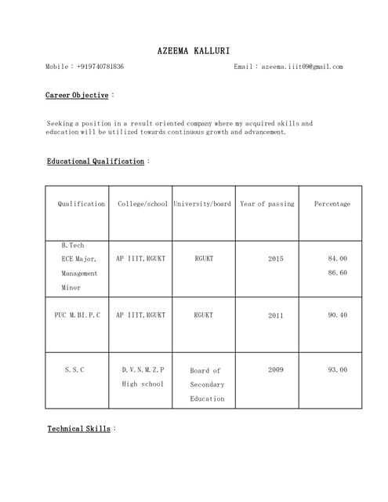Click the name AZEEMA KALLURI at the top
tap(194, 50)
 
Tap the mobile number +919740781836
tap(100, 67)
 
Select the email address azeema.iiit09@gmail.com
tap(302, 67)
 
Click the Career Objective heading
tap(77, 95)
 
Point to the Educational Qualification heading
tap(96, 162)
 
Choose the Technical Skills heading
tap(78, 429)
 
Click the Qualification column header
tap(81, 204)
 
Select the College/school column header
tap(142, 204)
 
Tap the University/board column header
tap(202, 204)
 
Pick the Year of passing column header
tap(267, 204)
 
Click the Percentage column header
tap(332, 204)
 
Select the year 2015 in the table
tap(276, 258)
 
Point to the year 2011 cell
tap(276, 315)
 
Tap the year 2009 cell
tap(276, 369)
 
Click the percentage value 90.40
tap(338, 315)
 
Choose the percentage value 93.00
tap(338, 369)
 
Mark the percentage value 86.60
tap(338, 273)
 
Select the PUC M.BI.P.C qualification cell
tap(78, 315)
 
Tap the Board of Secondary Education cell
tap(206, 384)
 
